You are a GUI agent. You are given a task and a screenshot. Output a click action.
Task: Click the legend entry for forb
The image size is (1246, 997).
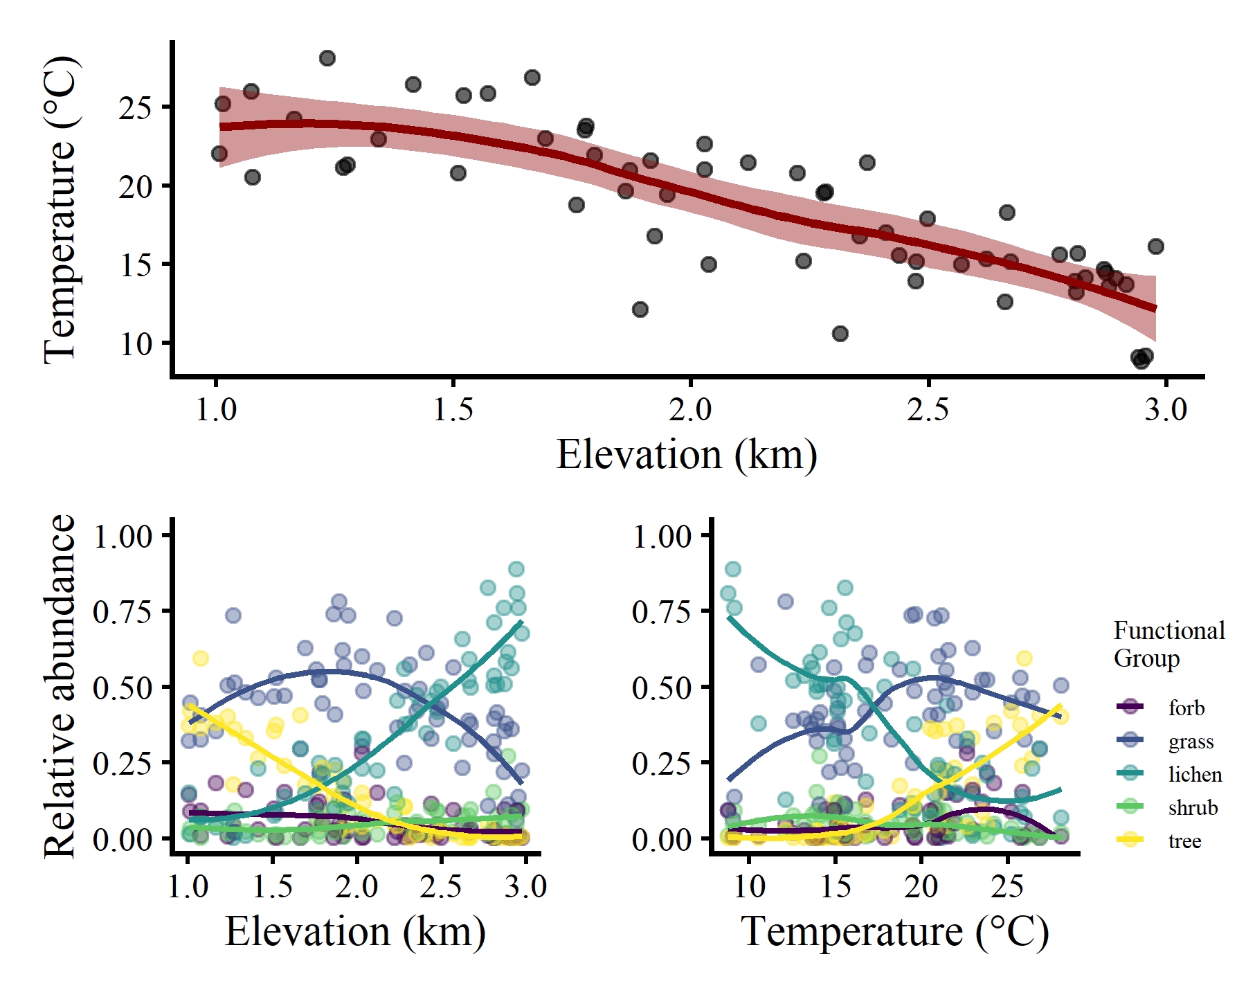[1186, 708]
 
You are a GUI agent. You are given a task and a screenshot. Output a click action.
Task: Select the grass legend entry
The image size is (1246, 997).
[1191, 742]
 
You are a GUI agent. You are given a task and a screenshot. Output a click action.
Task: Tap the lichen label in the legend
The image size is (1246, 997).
[1195, 774]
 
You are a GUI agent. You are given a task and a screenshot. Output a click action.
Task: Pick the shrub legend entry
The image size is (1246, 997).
[1193, 807]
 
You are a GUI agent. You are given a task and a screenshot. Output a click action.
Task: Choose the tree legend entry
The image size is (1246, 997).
[1184, 841]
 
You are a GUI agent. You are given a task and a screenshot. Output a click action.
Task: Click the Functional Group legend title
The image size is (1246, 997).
[1169, 644]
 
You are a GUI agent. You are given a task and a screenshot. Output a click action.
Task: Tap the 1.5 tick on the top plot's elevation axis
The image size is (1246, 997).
[453, 409]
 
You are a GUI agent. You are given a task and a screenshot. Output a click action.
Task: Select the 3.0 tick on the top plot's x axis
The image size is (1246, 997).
[1166, 409]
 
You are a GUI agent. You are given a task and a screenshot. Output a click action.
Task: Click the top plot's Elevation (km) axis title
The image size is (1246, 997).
[687, 455]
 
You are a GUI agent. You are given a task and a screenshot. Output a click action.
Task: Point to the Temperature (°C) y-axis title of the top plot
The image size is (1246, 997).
[61, 209]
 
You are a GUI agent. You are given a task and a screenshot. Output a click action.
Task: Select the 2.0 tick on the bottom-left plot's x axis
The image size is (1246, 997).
[357, 886]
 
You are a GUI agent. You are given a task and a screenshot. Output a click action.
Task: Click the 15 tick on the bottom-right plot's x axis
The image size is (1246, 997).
[836, 886]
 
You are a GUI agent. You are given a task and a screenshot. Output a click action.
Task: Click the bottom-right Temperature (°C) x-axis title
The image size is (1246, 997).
[895, 931]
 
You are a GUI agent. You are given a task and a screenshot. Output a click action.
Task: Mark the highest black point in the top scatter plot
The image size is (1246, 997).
[327, 58]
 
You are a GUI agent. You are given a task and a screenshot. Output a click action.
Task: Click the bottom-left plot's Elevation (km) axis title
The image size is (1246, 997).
[355, 931]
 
